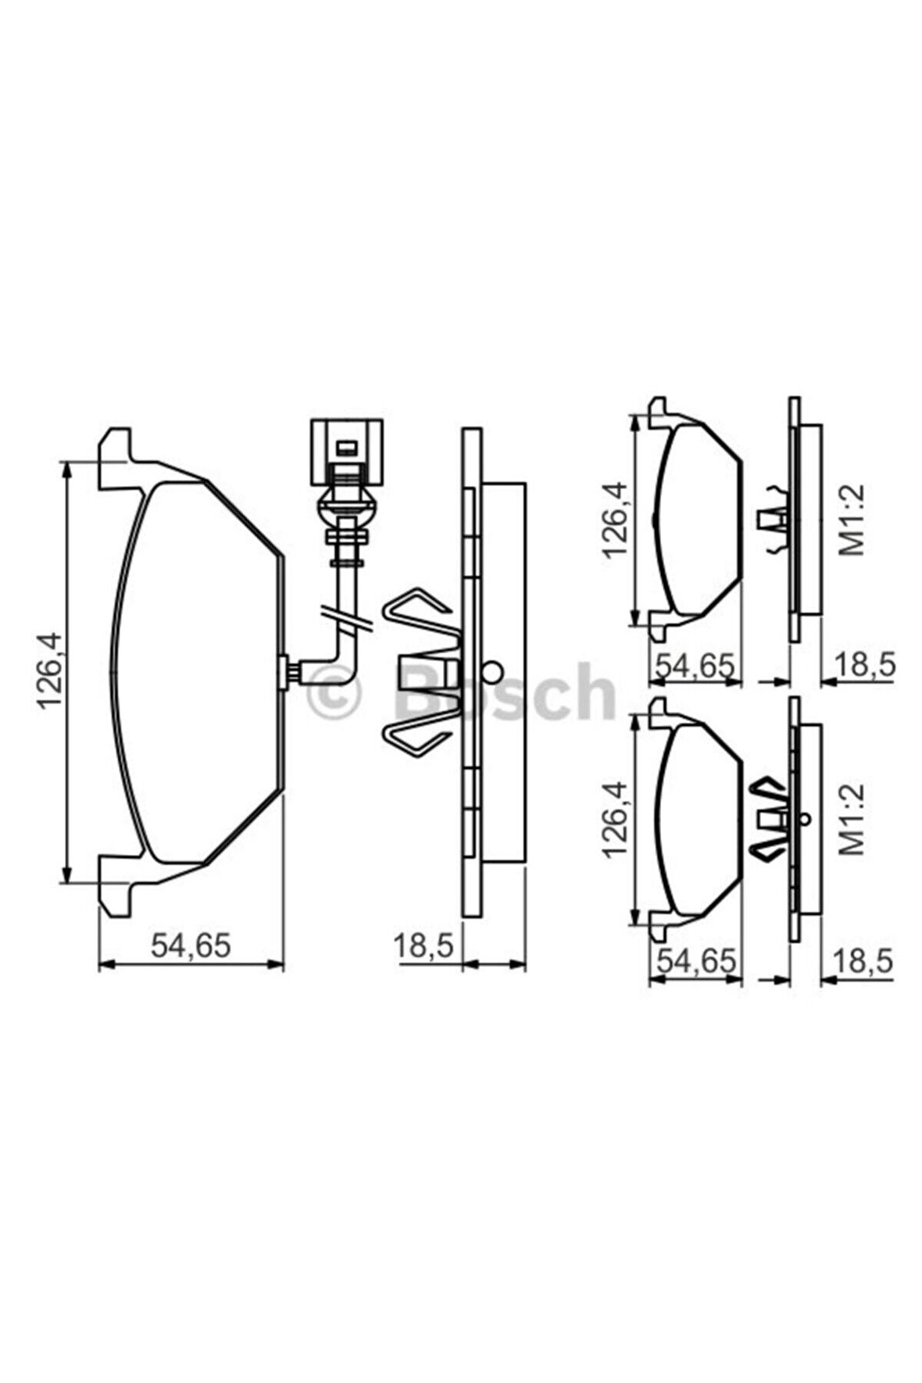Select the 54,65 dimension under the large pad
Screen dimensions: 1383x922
click(191, 945)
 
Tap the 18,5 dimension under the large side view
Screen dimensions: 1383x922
click(423, 945)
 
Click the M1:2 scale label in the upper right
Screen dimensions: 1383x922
click(853, 519)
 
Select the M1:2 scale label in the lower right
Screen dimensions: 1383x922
click(853, 819)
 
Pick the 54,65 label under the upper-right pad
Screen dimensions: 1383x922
click(694, 666)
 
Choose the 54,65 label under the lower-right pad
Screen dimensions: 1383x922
click(694, 961)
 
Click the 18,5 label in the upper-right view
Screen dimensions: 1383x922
click(864, 666)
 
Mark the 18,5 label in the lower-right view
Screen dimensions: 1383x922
click(864, 961)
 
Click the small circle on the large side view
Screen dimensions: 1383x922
click(493, 670)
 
